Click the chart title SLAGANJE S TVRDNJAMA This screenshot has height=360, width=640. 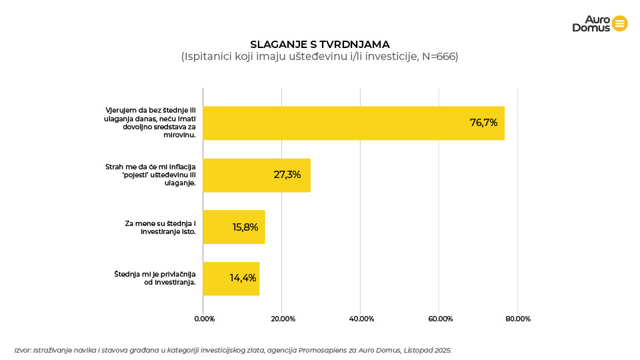319,45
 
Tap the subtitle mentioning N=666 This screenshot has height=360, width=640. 319,57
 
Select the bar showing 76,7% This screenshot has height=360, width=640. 353,123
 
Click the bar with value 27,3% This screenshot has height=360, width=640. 257,175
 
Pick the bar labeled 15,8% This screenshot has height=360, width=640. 233,227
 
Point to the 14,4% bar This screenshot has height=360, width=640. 231,279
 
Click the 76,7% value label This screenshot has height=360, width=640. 483,123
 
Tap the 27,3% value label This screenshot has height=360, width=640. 287,175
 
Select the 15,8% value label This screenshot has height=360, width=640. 245,227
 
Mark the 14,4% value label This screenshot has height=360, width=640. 243,278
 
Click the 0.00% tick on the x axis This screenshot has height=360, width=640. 204,319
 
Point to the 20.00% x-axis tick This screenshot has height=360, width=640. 283,319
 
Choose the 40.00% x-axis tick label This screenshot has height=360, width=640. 361,319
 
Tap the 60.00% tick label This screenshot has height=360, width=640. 439,319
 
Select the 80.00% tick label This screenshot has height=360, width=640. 518,319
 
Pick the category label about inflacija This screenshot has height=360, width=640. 150,175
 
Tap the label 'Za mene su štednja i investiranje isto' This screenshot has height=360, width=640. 160,227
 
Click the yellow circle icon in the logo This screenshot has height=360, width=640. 619,23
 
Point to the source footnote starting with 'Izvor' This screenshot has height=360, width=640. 233,349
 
